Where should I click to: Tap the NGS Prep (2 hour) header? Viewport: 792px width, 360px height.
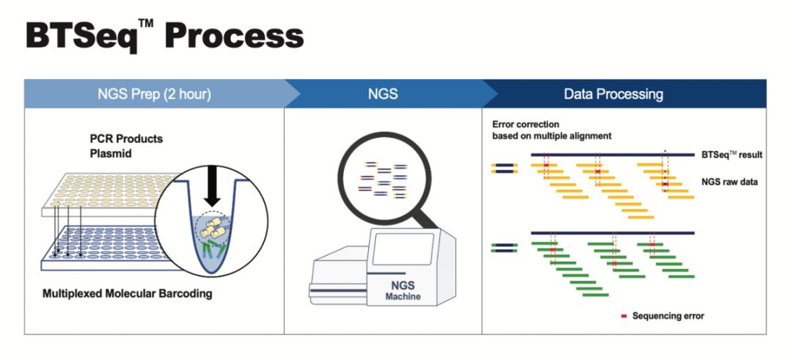154,94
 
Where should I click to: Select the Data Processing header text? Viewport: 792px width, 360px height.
613,94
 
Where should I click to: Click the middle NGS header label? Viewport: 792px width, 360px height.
383,94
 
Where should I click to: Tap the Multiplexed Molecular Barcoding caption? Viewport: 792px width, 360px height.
127,294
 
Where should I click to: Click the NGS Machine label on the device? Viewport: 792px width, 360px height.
403,290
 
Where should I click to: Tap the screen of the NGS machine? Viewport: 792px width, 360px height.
403,249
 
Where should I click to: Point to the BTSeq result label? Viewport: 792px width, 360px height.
730,155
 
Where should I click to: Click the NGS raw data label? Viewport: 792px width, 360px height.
730,182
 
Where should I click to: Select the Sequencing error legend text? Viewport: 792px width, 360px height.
667,316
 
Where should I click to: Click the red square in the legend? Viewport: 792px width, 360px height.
624,317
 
